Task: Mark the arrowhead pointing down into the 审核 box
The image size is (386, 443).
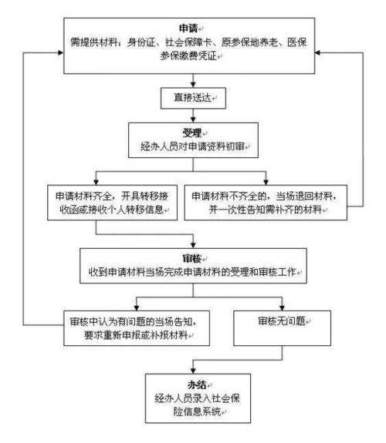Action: pos(191,245)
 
